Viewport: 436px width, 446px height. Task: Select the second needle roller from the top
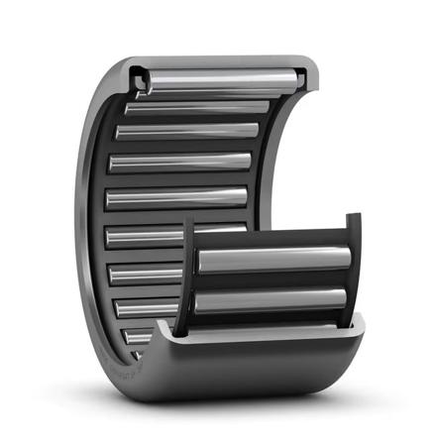[x=198, y=106]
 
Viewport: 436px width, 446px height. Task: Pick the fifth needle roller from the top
[x=176, y=197]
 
